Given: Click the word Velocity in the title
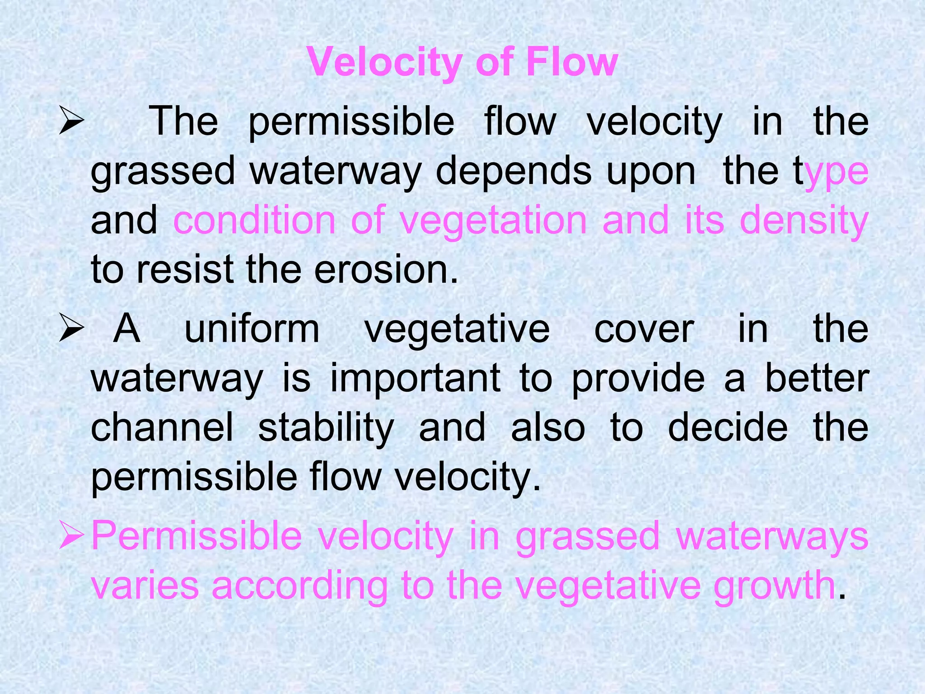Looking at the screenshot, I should click(383, 63).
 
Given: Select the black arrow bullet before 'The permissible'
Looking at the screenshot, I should click(71, 122).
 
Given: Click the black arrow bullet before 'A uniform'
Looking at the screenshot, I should click(71, 330).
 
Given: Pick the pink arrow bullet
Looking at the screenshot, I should click(71, 536).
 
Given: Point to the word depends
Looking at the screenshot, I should click(513, 172).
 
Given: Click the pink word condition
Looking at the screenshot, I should click(254, 220).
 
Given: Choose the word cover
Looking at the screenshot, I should click(644, 330).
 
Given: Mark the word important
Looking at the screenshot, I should click(415, 379).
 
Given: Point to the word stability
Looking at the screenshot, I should click(326, 428).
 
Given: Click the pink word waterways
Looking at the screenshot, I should click(772, 537).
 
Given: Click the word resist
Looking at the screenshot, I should click(185, 270).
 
